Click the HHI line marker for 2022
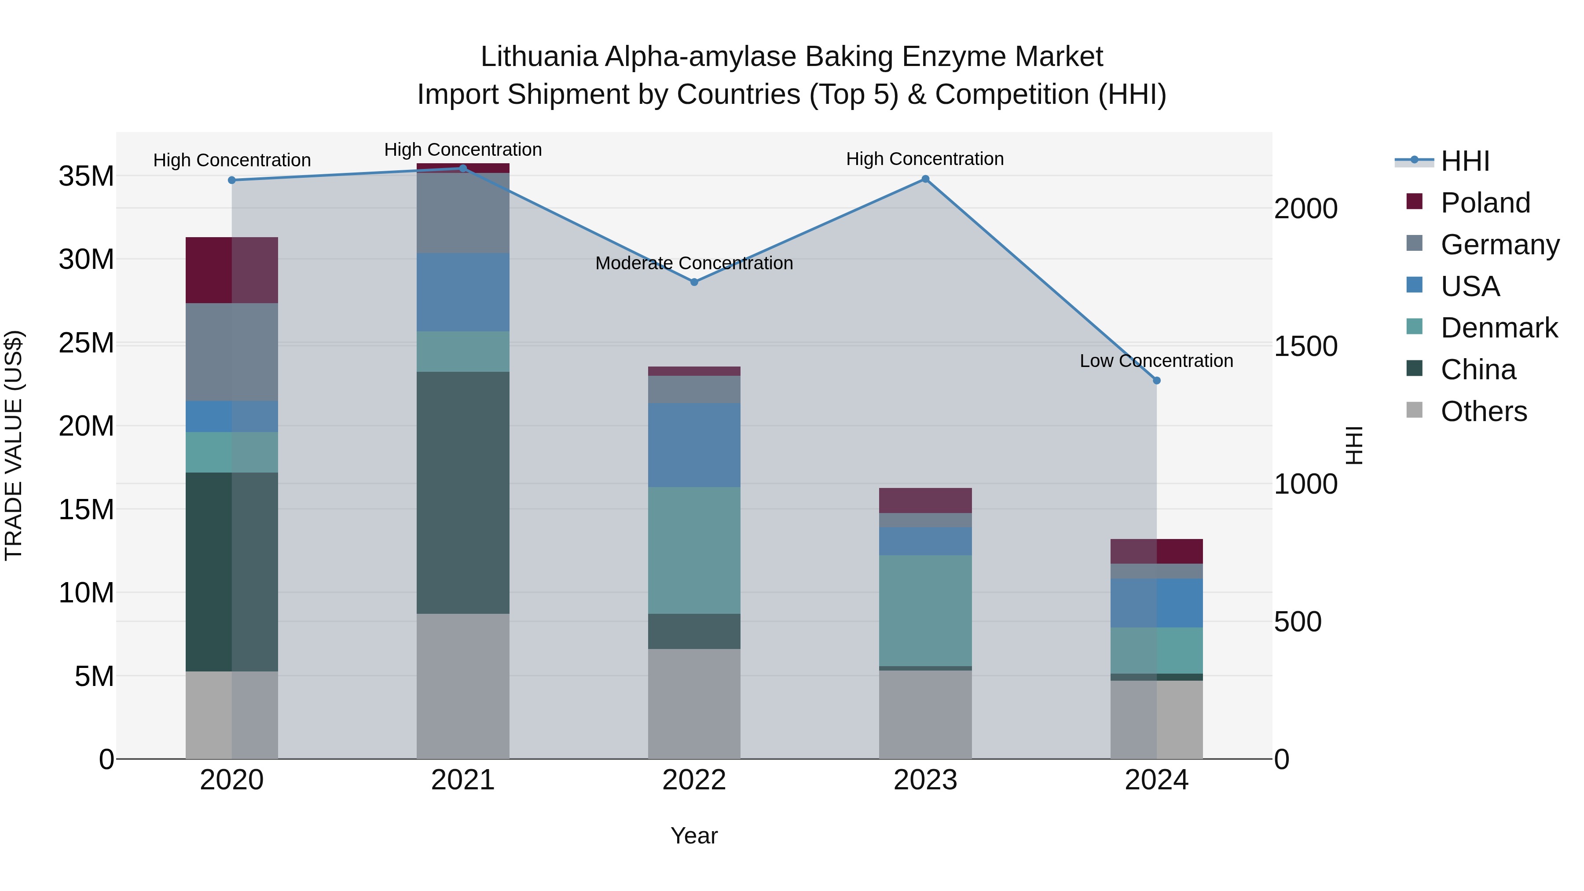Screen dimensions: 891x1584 coord(694,282)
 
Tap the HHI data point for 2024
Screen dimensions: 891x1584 coord(1157,381)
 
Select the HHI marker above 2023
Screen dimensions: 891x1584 coord(925,179)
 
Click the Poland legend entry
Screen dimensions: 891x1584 coord(1485,203)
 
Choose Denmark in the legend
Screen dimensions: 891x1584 coord(1499,328)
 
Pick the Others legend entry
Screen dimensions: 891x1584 coord(1484,411)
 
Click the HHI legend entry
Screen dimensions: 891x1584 coord(1465,161)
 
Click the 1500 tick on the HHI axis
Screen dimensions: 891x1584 coord(1305,346)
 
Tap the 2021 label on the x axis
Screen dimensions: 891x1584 coord(463,780)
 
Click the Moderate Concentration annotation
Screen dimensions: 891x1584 coord(694,263)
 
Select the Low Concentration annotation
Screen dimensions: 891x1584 coord(1157,361)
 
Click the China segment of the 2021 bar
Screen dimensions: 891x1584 coord(463,492)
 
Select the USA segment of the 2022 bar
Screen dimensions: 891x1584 coord(694,445)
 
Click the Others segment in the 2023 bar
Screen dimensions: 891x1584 coord(925,714)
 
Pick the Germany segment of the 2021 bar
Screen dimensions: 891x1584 coord(463,213)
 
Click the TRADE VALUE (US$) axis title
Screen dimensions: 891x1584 coord(14,445)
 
